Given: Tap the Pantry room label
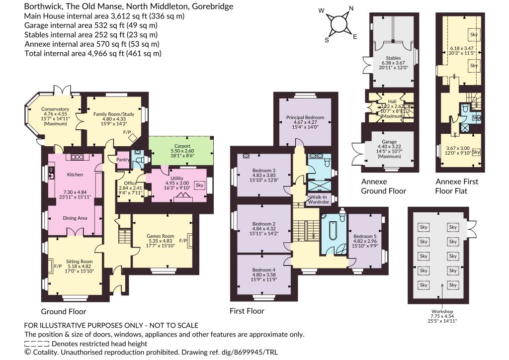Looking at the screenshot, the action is coord(123,160).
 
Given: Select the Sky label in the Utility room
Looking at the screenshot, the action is coord(200,185).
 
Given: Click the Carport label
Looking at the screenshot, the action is coord(182,146).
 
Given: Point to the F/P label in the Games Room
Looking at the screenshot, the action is coord(183,241).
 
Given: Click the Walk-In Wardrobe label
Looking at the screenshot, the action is coord(319,199).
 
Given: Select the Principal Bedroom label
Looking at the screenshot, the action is coord(305,117).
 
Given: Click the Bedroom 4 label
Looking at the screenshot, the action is coord(264,270).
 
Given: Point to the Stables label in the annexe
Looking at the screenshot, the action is coord(393,58).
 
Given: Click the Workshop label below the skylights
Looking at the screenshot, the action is coord(442,311).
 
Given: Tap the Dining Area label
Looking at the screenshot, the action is coord(75,218).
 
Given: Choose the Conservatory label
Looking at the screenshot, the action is coord(55,109).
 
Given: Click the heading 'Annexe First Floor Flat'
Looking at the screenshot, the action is coord(457,186).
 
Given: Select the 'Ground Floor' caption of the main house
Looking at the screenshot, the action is coord(64,312).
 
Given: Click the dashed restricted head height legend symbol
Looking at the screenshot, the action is coord(37,344).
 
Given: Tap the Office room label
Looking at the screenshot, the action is coord(131,183).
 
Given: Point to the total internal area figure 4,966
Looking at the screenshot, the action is coord(98,53).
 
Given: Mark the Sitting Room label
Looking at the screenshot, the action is coord(80,262).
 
